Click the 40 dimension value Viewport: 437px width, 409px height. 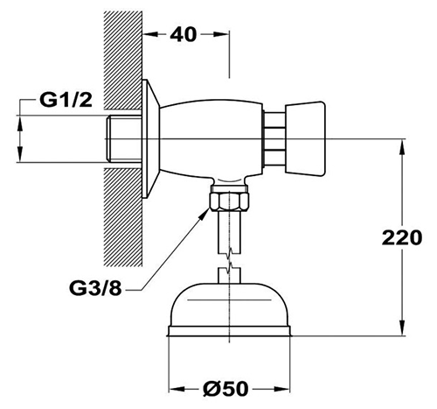(x=184, y=35)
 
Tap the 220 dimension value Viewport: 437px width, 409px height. (x=402, y=237)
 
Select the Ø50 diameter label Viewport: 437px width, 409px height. (x=225, y=389)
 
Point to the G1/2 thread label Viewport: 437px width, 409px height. (x=66, y=100)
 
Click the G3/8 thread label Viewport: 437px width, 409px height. (x=95, y=289)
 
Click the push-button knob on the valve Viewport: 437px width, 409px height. (x=305, y=139)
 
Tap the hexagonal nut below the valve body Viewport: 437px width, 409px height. (x=229, y=201)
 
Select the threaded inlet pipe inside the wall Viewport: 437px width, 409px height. (x=124, y=138)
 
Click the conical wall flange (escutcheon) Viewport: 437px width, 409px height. (x=150, y=139)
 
